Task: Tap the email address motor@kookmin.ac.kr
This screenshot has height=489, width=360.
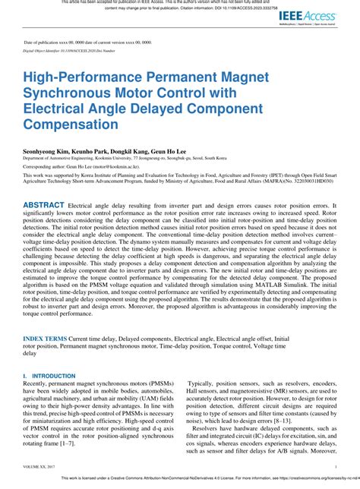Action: [116, 165]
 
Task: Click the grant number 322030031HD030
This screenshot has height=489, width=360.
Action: [311, 183]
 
